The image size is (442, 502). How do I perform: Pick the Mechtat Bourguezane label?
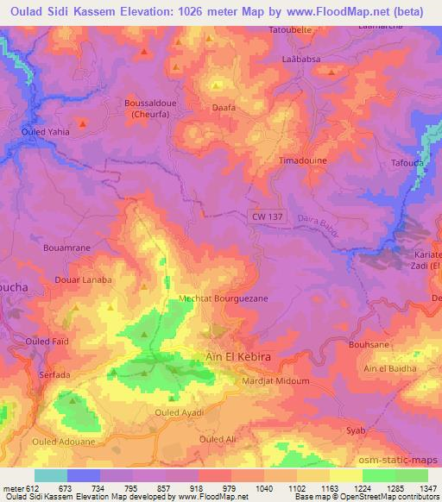tap(223, 298)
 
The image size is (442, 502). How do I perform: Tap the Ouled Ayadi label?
tap(179, 412)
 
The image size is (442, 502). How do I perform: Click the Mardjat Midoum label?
tap(276, 380)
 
